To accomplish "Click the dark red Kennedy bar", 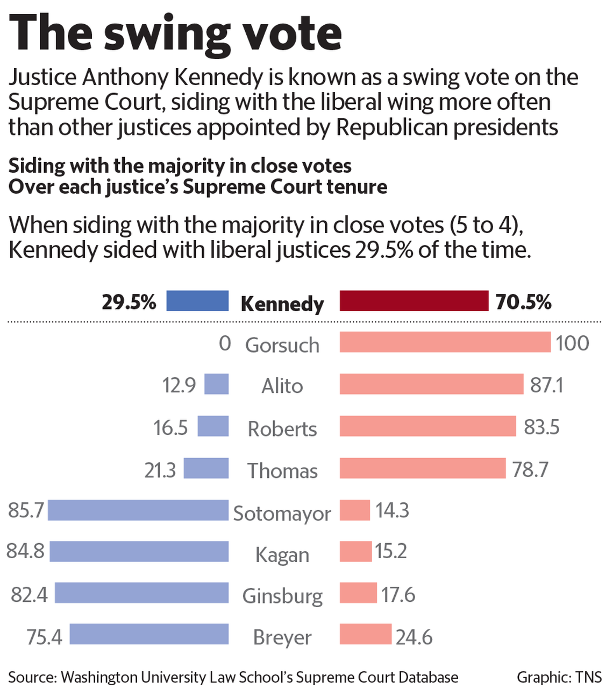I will [x=414, y=301].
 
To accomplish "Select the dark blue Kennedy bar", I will [x=197, y=301].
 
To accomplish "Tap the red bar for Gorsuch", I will [x=445, y=342].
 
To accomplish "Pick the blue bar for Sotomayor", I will [x=138, y=510].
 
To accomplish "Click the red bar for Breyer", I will [x=366, y=634].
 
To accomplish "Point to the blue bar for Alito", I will [x=217, y=384].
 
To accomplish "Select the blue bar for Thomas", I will [x=206, y=468].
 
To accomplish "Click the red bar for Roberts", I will [x=427, y=426].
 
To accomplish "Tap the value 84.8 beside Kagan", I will [x=25, y=551].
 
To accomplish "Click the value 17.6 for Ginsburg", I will [x=398, y=595].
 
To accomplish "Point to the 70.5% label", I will [x=523, y=302].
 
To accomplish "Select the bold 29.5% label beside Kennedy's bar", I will [x=129, y=302].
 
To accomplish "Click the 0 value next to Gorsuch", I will [x=225, y=343].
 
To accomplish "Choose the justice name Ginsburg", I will [x=282, y=596].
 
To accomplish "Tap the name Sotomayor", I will [x=282, y=513].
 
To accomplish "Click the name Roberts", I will [x=282, y=429].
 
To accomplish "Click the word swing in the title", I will [x=167, y=35].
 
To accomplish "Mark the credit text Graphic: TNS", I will [x=559, y=677].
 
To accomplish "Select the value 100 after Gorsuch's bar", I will [x=572, y=343].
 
